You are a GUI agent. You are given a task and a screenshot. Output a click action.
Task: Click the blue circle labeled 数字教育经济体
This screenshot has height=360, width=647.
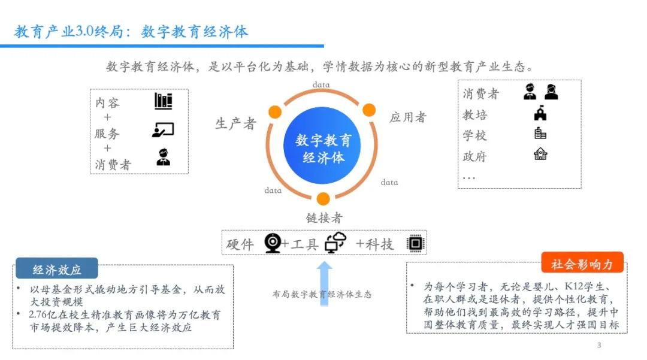pyautogui.click(x=323, y=149)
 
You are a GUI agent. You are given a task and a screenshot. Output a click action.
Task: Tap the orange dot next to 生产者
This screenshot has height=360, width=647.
pyautogui.click(x=275, y=112)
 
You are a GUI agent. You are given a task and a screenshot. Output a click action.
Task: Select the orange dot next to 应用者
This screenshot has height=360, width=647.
pyautogui.click(x=369, y=110)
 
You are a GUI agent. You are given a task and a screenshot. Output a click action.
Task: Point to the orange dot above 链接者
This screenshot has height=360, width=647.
pyautogui.click(x=323, y=199)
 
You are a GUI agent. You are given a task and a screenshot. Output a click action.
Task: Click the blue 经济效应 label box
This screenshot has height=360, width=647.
pyautogui.click(x=57, y=270)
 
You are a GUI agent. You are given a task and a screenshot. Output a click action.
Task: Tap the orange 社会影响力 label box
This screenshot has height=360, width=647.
pyautogui.click(x=582, y=264)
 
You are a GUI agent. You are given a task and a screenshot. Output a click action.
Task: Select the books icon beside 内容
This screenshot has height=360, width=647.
pyautogui.click(x=163, y=101)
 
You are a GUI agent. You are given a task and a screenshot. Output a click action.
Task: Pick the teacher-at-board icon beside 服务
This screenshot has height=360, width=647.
pyautogui.click(x=162, y=130)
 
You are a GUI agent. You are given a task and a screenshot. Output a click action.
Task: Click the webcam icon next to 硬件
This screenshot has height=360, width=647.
pyautogui.click(x=273, y=243)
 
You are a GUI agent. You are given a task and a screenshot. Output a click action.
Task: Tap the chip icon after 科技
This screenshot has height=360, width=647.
pyautogui.click(x=414, y=243)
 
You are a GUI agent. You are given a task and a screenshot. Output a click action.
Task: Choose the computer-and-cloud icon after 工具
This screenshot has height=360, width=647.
pyautogui.click(x=335, y=242)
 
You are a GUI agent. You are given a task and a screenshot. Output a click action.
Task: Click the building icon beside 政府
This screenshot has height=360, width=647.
pyautogui.click(x=540, y=154)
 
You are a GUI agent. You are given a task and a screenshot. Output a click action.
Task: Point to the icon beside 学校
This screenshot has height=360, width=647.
pyautogui.click(x=540, y=133)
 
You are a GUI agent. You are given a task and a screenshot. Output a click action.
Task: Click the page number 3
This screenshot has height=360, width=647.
pyautogui.click(x=598, y=346)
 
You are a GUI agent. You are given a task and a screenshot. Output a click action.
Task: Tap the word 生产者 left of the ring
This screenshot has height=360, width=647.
pyautogui.click(x=235, y=124)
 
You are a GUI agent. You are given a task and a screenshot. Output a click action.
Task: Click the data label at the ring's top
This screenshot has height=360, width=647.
pyautogui.click(x=321, y=85)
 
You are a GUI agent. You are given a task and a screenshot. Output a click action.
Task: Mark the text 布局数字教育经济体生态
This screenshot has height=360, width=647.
pyautogui.click(x=322, y=294)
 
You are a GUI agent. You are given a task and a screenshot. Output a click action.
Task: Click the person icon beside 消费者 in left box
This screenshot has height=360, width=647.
pyautogui.click(x=163, y=158)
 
